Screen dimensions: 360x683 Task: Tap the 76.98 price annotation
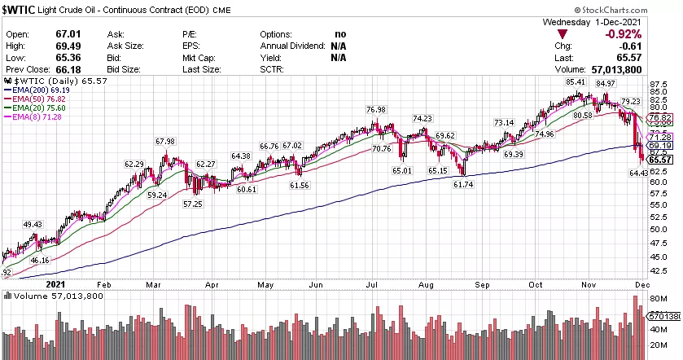point(375,110)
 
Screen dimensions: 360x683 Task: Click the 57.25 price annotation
point(191,202)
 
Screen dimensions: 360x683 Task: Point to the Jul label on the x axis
point(371,284)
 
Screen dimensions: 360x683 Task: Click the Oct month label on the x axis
point(535,284)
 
